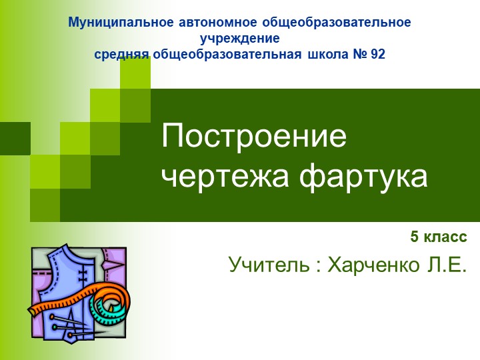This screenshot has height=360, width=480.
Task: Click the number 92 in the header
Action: pos(377,55)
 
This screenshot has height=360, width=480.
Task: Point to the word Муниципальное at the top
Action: pos(123,22)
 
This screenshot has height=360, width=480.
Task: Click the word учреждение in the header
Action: pos(239,39)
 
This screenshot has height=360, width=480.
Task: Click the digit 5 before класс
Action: pos(414,237)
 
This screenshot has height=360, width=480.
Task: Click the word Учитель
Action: pos(269,265)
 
